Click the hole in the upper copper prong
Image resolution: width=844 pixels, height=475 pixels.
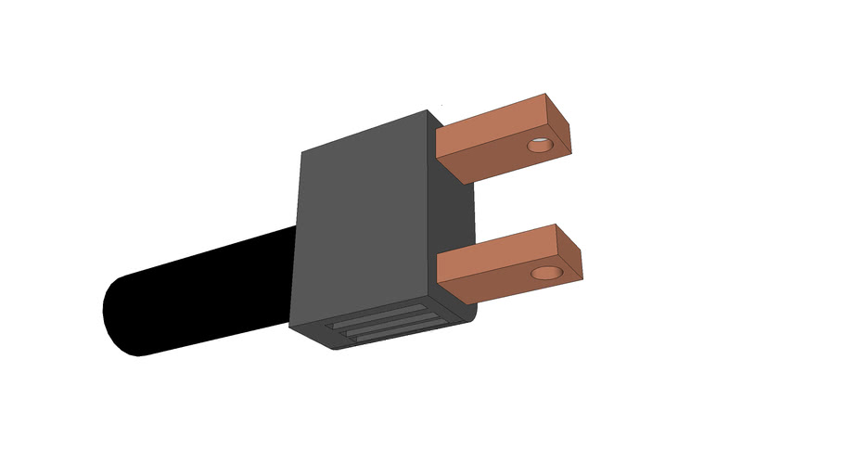pyautogui.click(x=538, y=146)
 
